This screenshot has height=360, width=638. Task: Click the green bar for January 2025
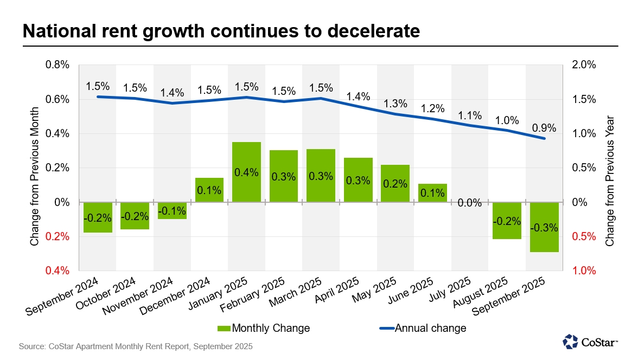coord(246,172)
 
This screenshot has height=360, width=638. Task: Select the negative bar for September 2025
coord(544,227)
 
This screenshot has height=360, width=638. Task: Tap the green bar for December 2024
coord(209,190)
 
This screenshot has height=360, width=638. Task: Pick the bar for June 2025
coord(432,193)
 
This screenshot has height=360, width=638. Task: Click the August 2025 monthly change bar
coord(507,221)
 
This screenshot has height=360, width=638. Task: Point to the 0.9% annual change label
coord(544,128)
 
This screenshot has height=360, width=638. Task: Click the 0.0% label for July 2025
coord(470,203)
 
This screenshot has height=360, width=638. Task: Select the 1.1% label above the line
coord(470,115)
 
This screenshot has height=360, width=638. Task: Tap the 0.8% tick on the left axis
coord(57,65)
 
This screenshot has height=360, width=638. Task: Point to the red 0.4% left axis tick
coord(57,271)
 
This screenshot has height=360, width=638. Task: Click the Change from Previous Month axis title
coord(35,181)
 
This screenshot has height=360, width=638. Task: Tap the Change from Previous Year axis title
coord(610,181)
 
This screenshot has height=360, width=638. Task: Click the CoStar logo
coord(590,342)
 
